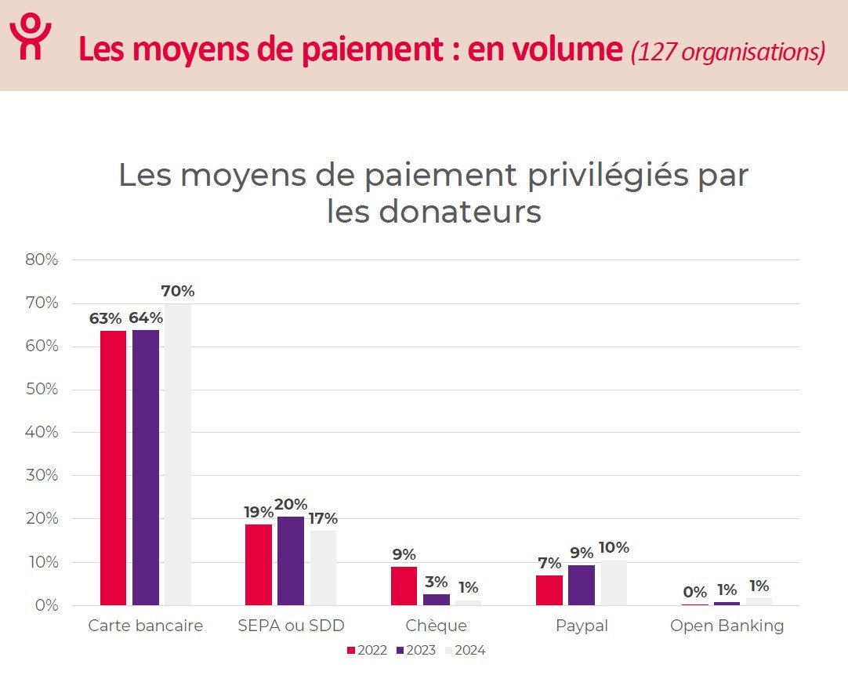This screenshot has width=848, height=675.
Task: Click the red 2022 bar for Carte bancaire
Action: click(x=113, y=468)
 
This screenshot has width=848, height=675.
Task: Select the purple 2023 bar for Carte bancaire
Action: click(x=146, y=467)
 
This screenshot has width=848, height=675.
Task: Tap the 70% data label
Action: click(x=178, y=292)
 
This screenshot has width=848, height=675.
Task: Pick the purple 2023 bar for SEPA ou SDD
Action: click(x=291, y=561)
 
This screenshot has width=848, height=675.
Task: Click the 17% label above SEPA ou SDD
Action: click(x=323, y=518)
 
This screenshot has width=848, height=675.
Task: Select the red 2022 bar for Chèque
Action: click(x=404, y=586)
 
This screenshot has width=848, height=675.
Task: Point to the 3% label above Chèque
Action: click(x=436, y=582)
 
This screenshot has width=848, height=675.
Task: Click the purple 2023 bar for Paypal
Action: click(x=582, y=585)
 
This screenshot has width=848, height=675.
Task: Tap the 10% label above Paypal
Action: click(x=614, y=547)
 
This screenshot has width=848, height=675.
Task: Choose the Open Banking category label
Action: click(x=727, y=626)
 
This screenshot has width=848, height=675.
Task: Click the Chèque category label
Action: click(x=436, y=626)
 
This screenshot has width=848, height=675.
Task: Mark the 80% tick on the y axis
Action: click(x=42, y=260)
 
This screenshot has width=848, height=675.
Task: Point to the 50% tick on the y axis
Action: click(x=42, y=390)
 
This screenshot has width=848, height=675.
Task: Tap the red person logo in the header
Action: click(x=30, y=37)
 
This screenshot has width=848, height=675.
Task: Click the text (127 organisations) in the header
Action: click(x=727, y=52)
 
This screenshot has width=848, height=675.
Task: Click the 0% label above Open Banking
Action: click(x=694, y=592)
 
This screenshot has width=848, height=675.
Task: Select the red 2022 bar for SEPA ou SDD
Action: click(x=259, y=564)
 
